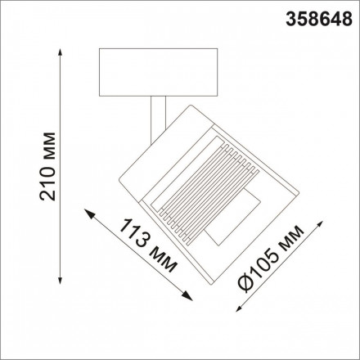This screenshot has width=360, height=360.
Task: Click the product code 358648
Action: [317, 16]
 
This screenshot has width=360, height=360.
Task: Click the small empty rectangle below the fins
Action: [232, 218]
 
